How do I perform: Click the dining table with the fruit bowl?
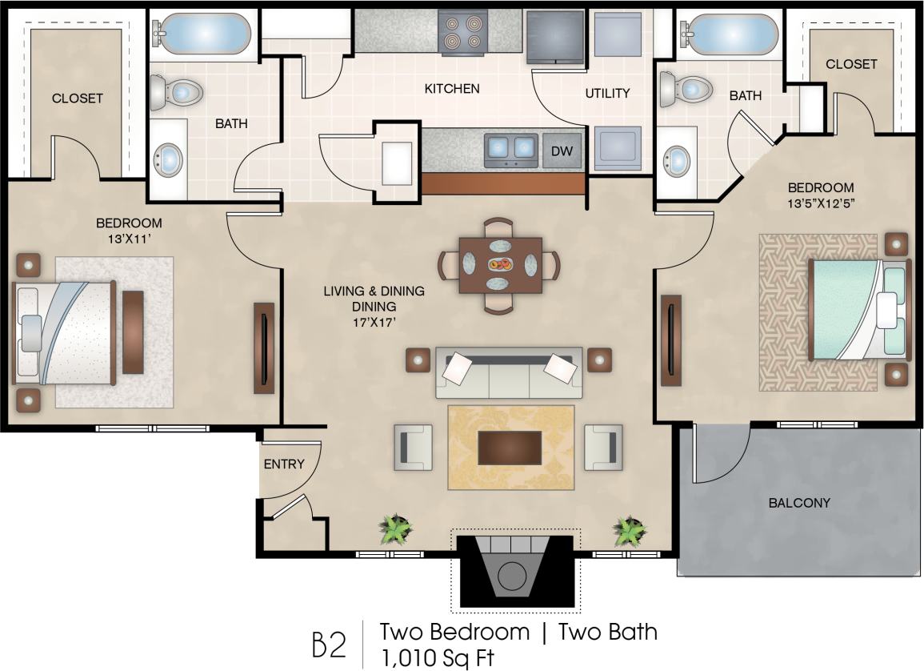pyautogui.click(x=500, y=264)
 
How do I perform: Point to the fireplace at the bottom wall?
pyautogui.click(x=511, y=571)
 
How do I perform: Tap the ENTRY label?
pyautogui.click(x=284, y=464)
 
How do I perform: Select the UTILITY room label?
pyautogui.click(x=607, y=93)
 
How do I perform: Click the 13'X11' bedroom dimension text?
pyautogui.click(x=129, y=238)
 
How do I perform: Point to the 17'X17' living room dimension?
pyautogui.click(x=374, y=322)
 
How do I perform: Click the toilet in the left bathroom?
pyautogui.click(x=174, y=91)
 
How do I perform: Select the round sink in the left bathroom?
pyautogui.click(x=168, y=159)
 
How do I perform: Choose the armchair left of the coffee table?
pyautogui.click(x=413, y=446)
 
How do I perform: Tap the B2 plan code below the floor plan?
pyautogui.click(x=329, y=645)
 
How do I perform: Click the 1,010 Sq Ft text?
pyautogui.click(x=436, y=657)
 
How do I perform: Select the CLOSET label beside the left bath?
pyautogui.click(x=77, y=98)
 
